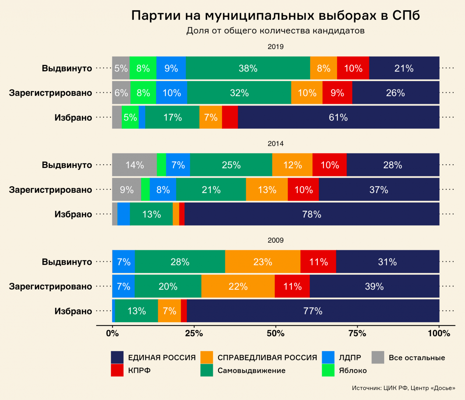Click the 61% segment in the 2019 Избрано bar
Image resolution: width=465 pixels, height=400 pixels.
tap(338, 117)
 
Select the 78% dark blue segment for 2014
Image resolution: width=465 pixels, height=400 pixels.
tap(312, 214)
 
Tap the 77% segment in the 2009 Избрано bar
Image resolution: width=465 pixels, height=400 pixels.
tap(313, 311)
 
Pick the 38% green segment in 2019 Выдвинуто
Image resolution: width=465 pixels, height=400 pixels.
tap(248, 68)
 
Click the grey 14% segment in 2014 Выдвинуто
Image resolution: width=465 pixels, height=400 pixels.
tap(134, 165)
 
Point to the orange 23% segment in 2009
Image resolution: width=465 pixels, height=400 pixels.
tap(262, 262)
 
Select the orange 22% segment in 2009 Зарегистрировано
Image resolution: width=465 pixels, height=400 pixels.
tap(238, 286)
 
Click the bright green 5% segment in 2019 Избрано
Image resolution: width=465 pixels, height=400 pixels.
tap(130, 117)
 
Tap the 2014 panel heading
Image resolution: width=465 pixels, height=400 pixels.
tap(275, 143)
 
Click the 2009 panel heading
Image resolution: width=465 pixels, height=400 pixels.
tap(275, 240)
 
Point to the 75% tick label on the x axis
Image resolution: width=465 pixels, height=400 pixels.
tap(357, 333)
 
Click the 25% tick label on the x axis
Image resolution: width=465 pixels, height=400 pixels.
tap(194, 333)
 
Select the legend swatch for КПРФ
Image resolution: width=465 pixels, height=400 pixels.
tap(117, 370)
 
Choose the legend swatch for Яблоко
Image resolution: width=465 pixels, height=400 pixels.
tap(328, 370)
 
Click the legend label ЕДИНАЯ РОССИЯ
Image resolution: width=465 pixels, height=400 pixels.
tap(162, 358)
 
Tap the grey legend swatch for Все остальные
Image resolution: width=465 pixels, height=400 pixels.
tap(378, 357)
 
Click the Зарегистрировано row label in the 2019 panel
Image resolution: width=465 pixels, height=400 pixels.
tap(50, 93)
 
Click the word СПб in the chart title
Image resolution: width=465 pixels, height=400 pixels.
tap(406, 16)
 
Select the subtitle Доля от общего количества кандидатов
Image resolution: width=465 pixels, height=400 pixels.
tap(275, 31)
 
